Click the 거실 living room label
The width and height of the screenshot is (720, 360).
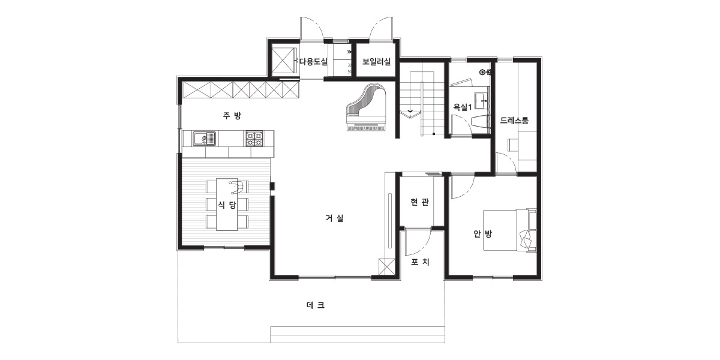tap(335, 218)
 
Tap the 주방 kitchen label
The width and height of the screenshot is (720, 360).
tap(232, 115)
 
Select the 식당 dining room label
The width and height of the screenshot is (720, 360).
tap(227, 205)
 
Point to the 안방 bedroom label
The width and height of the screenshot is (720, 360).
tap(482, 233)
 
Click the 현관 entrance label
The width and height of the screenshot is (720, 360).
tap(419, 202)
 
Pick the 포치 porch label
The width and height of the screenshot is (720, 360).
tap(420, 262)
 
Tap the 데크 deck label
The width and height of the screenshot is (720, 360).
tap(316, 305)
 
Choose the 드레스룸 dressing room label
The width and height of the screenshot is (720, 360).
tap(514, 121)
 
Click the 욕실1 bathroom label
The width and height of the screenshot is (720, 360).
tap(463, 107)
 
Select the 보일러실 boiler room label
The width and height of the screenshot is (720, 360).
tap(376, 61)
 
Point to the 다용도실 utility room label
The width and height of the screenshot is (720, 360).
tap(313, 61)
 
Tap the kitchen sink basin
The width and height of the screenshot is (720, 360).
tap(205, 139)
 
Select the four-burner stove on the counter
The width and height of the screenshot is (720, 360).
tap(254, 139)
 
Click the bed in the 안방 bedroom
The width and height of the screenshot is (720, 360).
tap(510, 230)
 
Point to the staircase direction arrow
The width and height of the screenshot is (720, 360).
tap(410, 111)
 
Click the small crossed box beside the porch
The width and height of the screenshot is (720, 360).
tap(386, 266)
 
